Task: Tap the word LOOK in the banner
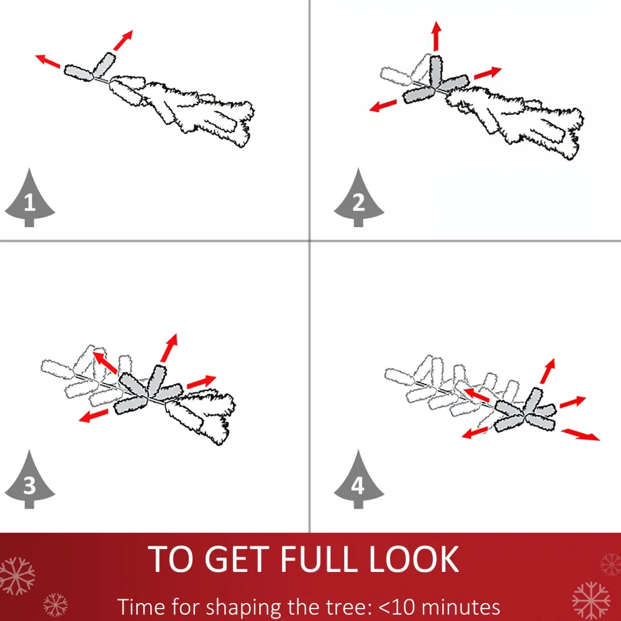pyautogui.click(x=414, y=559)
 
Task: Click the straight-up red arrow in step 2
pyautogui.click(x=437, y=36)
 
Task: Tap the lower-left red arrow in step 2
pyautogui.click(x=383, y=105)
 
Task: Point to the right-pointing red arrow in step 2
pyautogui.click(x=487, y=73)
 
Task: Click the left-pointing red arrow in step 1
pyautogui.click(x=48, y=61)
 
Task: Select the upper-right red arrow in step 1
pyautogui.click(x=124, y=40)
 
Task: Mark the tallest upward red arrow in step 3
pyautogui.click(x=169, y=348)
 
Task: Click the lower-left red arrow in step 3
pyautogui.click(x=93, y=416)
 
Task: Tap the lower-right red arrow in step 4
pyautogui.click(x=581, y=434)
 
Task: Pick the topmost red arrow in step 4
pyautogui.click(x=548, y=371)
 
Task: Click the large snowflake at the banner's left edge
pyautogui.click(x=17, y=576)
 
